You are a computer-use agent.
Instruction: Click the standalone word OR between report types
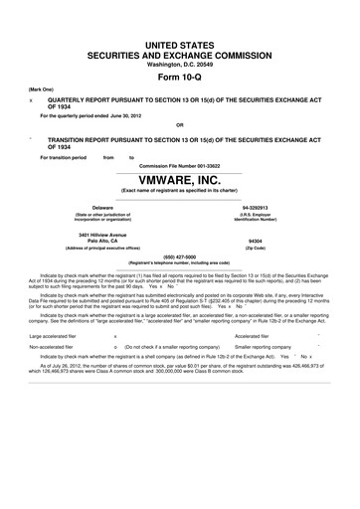[179, 123]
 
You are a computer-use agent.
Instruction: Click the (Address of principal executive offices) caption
[90, 247]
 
